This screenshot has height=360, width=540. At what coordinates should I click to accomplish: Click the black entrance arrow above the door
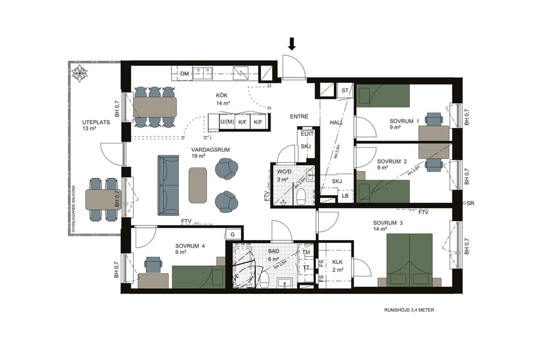pos(292,43)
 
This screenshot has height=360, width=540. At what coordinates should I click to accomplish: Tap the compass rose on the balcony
pos(79,74)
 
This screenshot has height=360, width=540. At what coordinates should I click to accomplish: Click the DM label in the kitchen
pos(185,74)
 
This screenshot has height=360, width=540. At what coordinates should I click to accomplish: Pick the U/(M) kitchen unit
pos(227,122)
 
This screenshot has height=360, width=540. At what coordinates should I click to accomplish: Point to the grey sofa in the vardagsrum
pos(168,185)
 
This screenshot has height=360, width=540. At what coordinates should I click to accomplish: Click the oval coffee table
pos(197,185)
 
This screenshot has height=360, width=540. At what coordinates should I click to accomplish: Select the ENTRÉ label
pos(298,116)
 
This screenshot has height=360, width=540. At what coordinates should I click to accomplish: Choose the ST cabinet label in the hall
pos(344,91)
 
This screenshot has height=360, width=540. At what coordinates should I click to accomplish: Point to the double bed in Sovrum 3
pos(409,260)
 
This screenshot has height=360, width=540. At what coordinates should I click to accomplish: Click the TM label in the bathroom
pos(307,252)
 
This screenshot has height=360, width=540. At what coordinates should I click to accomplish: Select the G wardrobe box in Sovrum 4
pos(232,234)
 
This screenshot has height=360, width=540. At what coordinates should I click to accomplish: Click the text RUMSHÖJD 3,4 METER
pos(409,310)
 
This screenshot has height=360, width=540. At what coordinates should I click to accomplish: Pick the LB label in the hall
pos(345,196)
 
